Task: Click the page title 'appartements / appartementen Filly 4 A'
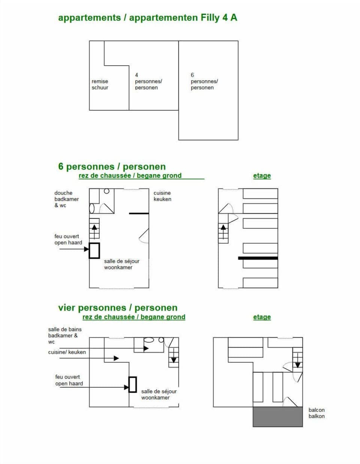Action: (147, 18)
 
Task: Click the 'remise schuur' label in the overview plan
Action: (100, 84)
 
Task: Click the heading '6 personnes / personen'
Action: (112, 167)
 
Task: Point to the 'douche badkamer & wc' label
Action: (66, 199)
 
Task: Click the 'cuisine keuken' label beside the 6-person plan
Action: (162, 196)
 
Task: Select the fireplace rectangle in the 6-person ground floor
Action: (94, 251)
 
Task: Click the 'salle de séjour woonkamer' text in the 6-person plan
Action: (121, 264)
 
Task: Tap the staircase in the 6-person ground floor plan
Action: (94, 228)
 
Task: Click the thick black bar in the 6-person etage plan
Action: (258, 258)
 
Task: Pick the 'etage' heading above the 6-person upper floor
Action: (262, 176)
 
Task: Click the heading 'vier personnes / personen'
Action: (117, 308)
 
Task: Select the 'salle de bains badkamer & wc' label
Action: (64, 335)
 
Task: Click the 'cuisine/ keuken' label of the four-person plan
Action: (67, 352)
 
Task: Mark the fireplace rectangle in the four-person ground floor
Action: (132, 384)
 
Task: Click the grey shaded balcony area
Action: (277, 417)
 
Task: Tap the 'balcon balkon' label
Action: (316, 413)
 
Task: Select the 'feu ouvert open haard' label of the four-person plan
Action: (69, 380)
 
